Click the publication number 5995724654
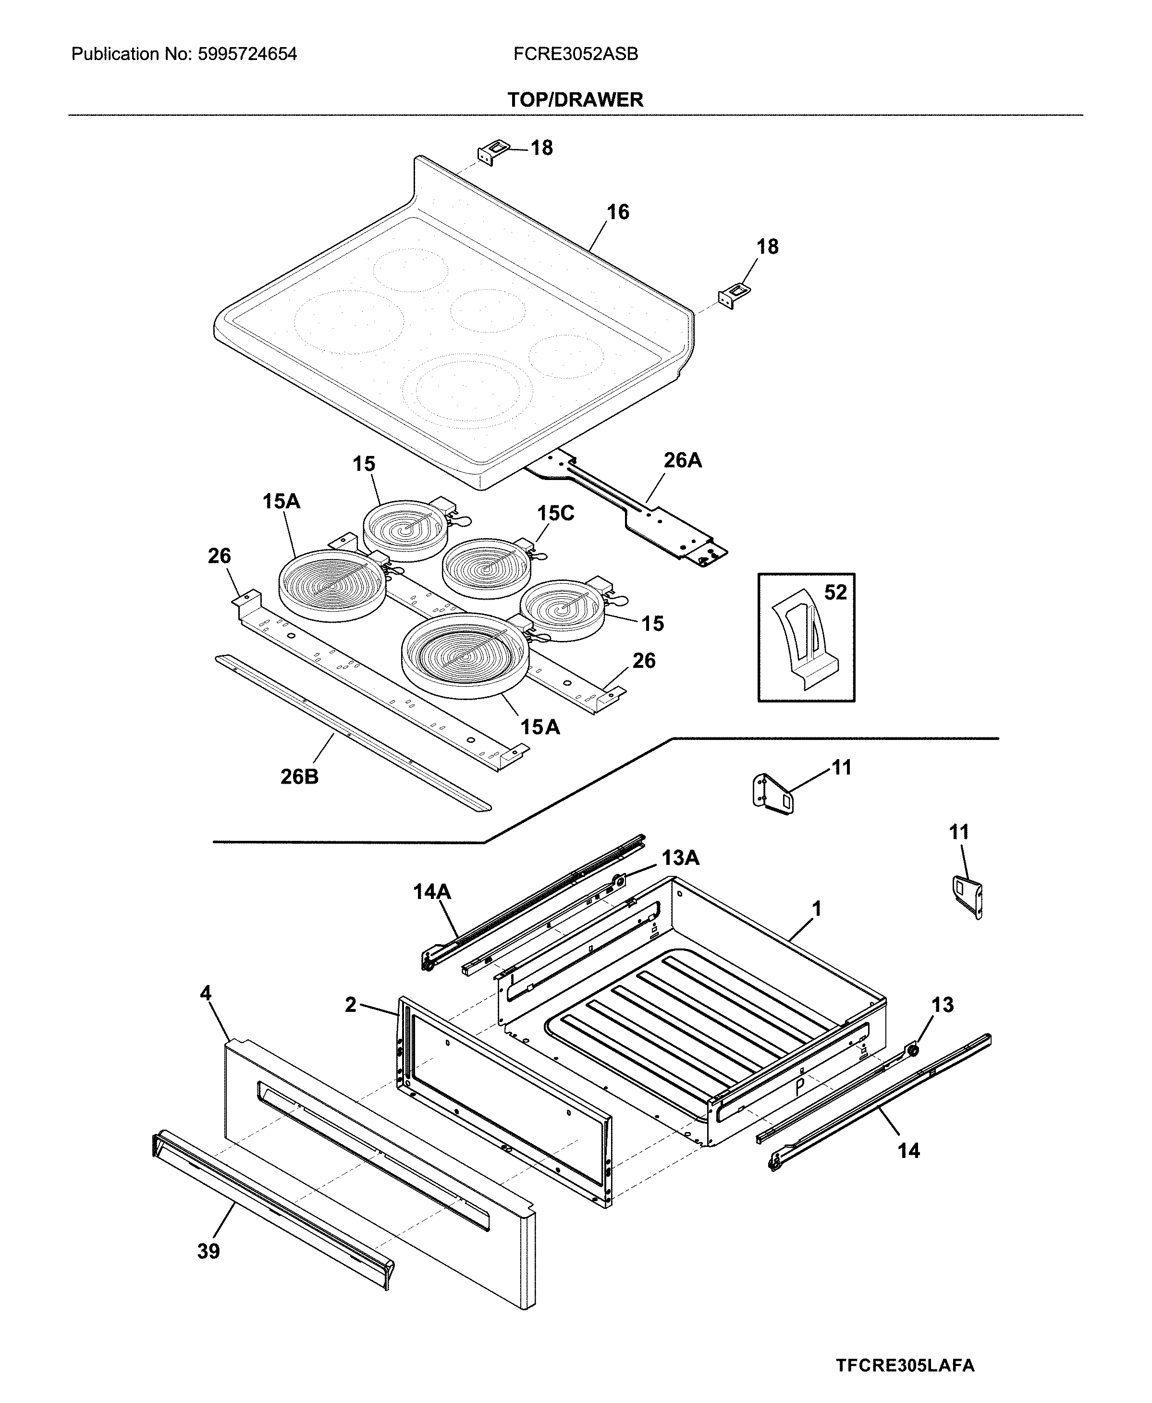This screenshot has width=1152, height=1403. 247,54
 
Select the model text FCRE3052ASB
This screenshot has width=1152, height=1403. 576,54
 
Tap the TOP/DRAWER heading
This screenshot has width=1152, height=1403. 576,100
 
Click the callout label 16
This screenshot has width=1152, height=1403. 618,212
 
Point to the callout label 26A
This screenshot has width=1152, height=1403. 682,461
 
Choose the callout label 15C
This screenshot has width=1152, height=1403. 555,514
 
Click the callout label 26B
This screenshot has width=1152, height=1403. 299,776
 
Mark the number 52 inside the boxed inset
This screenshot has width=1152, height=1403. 835,592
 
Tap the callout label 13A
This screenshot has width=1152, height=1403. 680,858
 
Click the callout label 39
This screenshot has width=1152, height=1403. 208,1251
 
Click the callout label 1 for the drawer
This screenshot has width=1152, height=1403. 817,909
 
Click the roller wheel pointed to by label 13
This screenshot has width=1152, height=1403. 913,1050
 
